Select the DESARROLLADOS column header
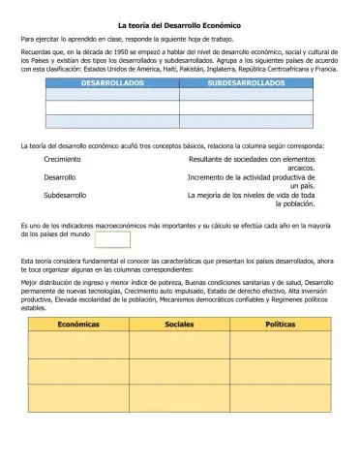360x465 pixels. [112, 84]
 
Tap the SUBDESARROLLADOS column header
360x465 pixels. [246, 84]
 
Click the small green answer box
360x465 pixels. [111, 237]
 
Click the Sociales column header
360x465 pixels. [179, 325]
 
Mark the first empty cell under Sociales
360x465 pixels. [179, 344]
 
